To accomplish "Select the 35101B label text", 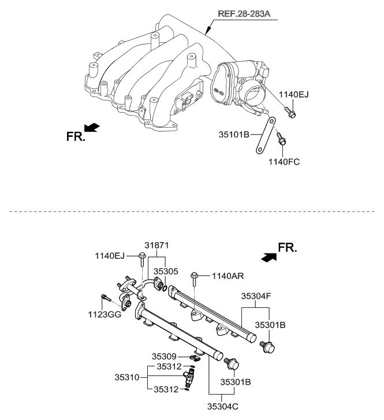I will pos(234,135).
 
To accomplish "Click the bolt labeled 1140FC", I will pos(281,140).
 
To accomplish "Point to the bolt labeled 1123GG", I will pos(105,299).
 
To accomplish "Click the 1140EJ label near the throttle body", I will pos(294,94).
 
